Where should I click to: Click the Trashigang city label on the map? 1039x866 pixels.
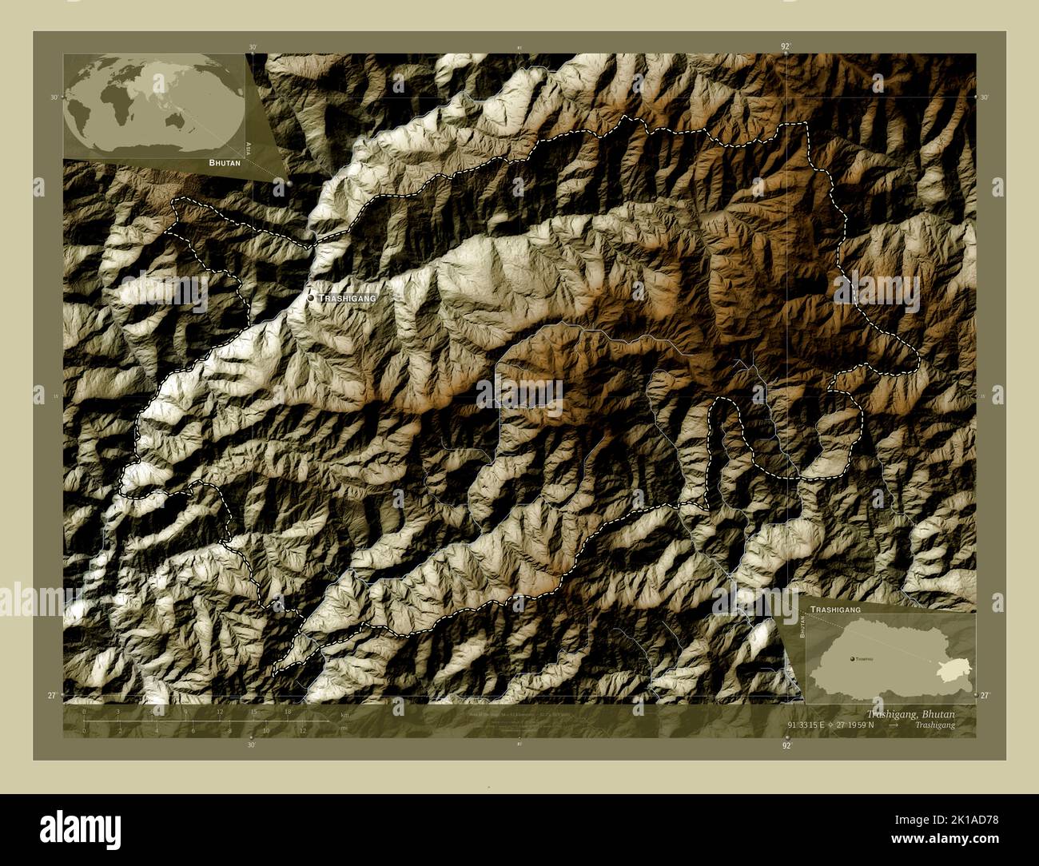pyautogui.click(x=347, y=298)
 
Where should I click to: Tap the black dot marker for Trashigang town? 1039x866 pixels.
pyautogui.click(x=312, y=298)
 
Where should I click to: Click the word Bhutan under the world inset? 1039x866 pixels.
pyautogui.click(x=225, y=162)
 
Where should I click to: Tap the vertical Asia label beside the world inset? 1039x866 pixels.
pyautogui.click(x=249, y=148)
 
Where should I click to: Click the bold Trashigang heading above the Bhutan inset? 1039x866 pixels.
pyautogui.click(x=836, y=609)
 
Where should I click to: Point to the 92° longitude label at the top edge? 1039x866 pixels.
pyautogui.click(x=786, y=47)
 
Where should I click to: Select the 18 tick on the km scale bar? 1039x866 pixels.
pyautogui.click(x=288, y=711)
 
